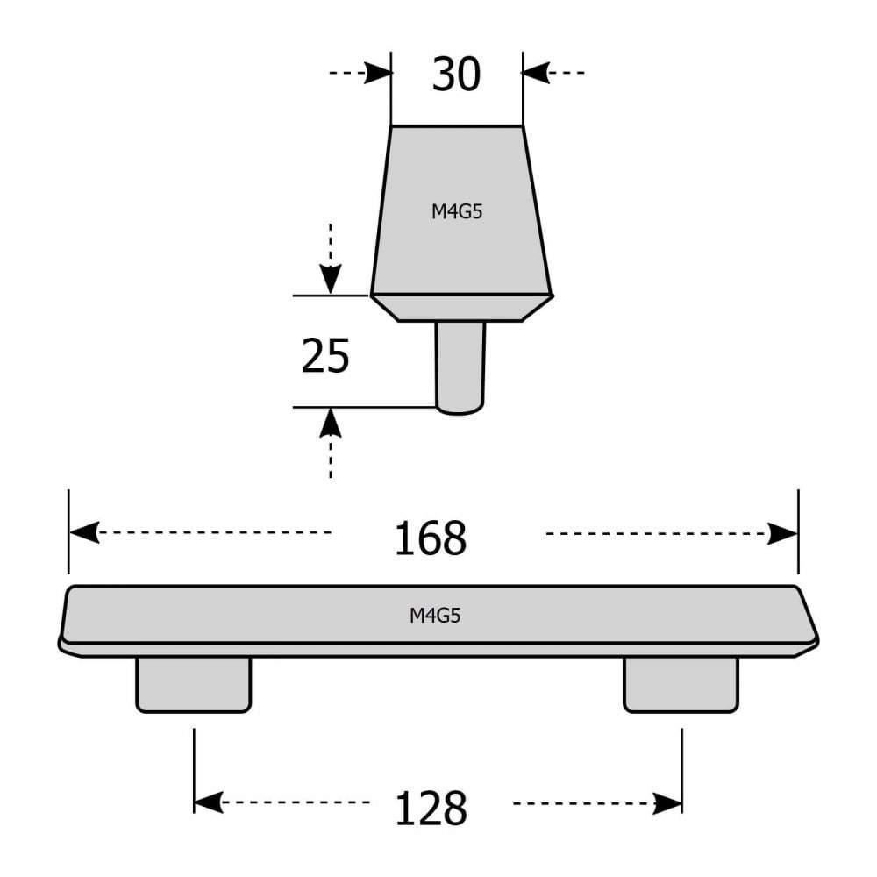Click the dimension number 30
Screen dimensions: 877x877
pyautogui.click(x=456, y=75)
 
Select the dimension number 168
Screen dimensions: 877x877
pyautogui.click(x=430, y=538)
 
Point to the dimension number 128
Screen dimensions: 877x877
pyautogui.click(x=430, y=807)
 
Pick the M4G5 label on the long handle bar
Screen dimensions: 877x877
pyautogui.click(x=435, y=616)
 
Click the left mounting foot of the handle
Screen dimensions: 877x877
pyautogui.click(x=194, y=684)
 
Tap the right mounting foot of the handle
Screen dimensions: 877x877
pyautogui.click(x=681, y=684)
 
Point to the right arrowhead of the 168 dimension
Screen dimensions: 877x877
pyautogui.click(x=783, y=533)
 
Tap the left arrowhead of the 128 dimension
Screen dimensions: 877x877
pyautogui.click(x=207, y=802)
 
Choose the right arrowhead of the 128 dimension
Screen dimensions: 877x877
pyautogui.click(x=668, y=802)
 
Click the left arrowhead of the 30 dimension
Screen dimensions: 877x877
pyautogui.click(x=378, y=72)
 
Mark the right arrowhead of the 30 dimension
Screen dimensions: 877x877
pyautogui.click(x=535, y=72)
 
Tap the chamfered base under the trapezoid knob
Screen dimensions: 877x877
pyautogui.click(x=461, y=308)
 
